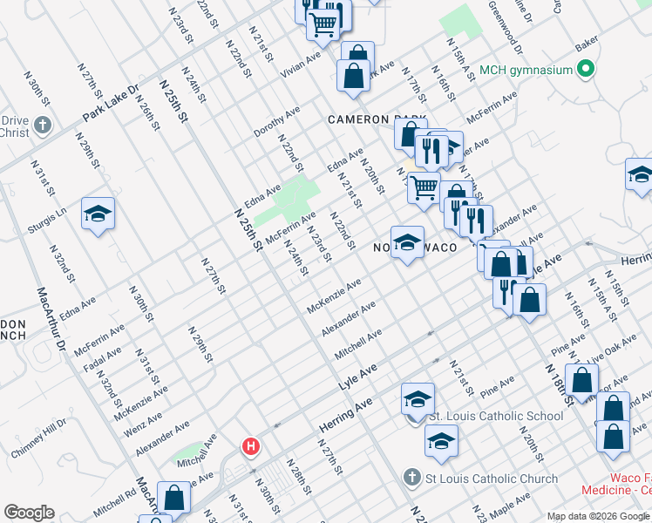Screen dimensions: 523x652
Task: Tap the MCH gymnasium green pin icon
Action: [x=587, y=69]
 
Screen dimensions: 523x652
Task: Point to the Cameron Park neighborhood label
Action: [x=377, y=119]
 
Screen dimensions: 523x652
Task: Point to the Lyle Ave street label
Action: [x=357, y=377]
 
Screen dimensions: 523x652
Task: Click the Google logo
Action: [x=29, y=513]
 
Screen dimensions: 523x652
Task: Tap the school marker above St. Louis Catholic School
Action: [x=418, y=400]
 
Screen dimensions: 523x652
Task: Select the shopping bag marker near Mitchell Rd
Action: [x=174, y=499]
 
